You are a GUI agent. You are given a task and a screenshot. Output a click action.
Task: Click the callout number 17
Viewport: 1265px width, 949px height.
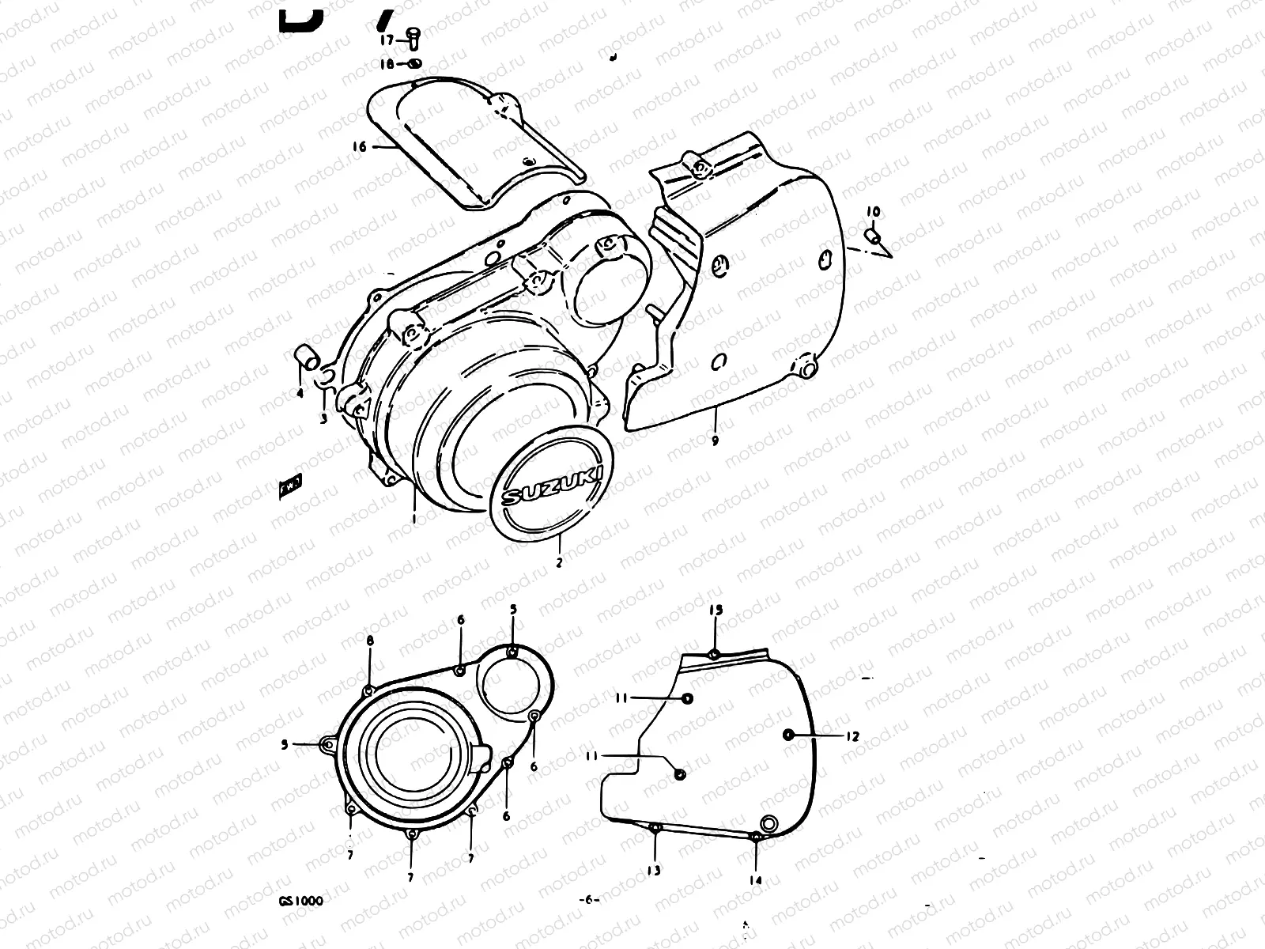(x=387, y=39)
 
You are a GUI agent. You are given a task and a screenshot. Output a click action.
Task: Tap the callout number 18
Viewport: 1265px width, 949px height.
(x=387, y=63)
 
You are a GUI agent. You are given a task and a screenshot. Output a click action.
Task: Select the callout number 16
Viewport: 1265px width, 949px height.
(x=360, y=146)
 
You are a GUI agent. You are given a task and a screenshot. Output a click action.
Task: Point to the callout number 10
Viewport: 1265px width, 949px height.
(x=872, y=212)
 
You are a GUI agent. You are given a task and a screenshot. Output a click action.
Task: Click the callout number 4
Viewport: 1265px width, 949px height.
(x=300, y=393)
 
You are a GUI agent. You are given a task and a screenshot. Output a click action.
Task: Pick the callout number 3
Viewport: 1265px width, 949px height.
(x=323, y=419)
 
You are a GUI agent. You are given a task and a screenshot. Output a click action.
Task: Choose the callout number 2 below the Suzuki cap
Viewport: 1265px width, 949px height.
(x=559, y=563)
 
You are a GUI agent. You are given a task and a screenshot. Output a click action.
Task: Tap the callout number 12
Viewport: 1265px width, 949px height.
(x=851, y=736)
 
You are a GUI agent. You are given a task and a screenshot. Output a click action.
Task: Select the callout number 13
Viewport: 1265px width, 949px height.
(x=654, y=871)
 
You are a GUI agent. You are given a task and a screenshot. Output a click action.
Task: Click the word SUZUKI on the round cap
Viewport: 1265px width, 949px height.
(x=552, y=487)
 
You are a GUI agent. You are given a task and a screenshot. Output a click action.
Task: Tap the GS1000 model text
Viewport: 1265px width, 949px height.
(x=300, y=900)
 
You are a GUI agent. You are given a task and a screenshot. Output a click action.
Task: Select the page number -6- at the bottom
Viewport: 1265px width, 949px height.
(x=590, y=900)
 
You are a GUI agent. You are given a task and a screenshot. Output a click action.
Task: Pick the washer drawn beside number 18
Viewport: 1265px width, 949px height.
(x=415, y=63)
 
